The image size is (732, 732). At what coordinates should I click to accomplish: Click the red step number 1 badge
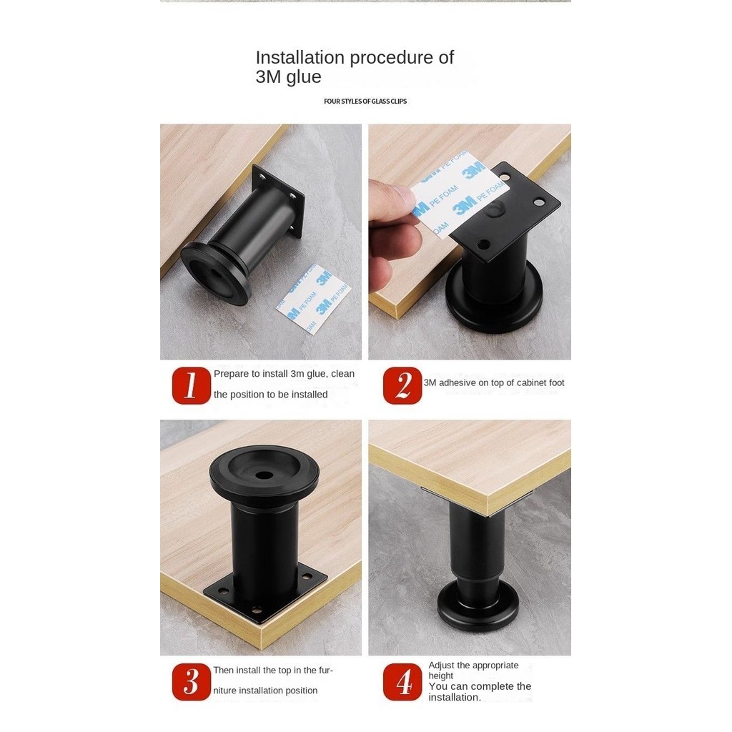tap(192, 385)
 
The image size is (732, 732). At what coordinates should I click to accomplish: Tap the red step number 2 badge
tap(402, 385)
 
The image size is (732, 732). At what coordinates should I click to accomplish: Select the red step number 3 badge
tap(192, 682)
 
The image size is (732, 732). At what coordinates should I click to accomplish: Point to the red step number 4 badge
tap(402, 682)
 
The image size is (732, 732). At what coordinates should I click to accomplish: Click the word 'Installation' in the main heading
tap(300, 57)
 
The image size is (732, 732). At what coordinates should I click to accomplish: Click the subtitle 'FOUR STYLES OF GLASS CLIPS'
tap(365, 102)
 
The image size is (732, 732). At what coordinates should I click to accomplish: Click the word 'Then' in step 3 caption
tap(224, 671)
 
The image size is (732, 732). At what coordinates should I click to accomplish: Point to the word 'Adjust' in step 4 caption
tap(441, 666)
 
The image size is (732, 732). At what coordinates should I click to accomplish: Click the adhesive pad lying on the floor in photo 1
tap(313, 299)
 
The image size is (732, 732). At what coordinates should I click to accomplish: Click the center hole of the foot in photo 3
tap(264, 475)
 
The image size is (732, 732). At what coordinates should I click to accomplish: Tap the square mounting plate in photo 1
tap(279, 201)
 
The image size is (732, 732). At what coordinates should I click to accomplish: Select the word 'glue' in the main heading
tap(304, 77)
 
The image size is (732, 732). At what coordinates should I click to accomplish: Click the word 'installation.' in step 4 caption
tap(455, 698)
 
